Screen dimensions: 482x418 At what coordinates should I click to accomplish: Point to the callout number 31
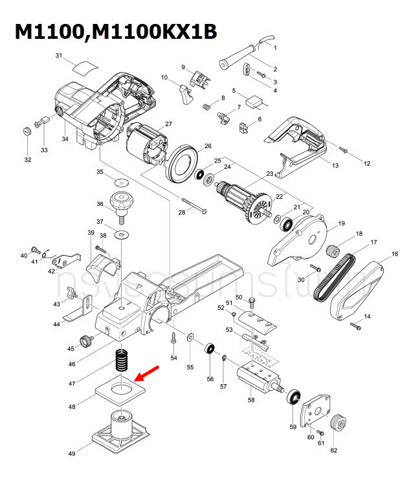point(58,56)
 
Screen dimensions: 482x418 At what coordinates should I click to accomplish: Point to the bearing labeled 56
point(210,349)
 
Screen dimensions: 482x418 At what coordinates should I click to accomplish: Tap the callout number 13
point(335,166)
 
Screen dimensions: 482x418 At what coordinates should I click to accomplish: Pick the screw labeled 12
point(344,151)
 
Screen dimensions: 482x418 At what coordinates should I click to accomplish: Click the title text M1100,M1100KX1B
point(116,32)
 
